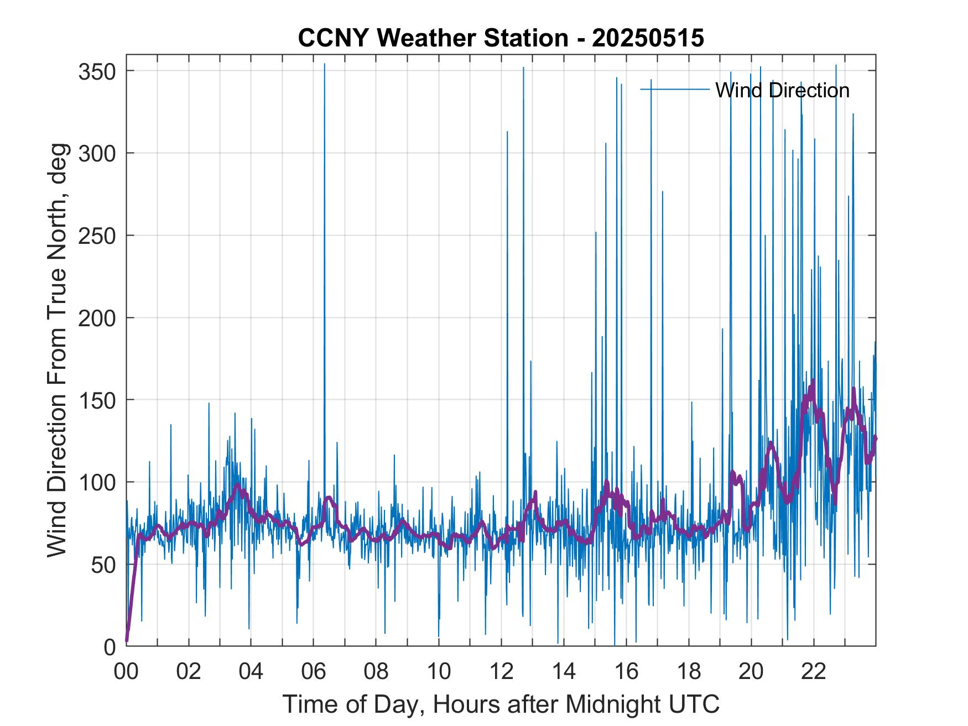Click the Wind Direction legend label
[782, 90]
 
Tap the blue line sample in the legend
[675, 89]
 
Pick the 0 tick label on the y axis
[110, 647]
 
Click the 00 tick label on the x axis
[126, 672]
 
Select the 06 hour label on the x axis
[314, 672]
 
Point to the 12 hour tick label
[501, 672]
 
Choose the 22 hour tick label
[814, 672]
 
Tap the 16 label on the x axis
[626, 672]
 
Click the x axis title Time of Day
[501, 704]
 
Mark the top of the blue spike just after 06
[325, 64]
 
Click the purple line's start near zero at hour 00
[127, 640]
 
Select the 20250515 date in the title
[648, 38]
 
